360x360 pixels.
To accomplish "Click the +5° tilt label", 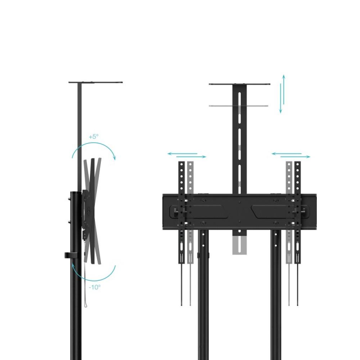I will pos(94,137).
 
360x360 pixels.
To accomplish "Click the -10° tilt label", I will pos(95,287).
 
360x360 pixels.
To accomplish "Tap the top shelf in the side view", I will pos(95,82).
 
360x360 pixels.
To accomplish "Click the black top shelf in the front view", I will pos(239,84).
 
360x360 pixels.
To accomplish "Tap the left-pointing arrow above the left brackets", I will pos(182,154).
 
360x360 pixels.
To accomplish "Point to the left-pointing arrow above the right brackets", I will pos(286,154).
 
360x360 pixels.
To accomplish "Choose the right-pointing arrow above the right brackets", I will pos(296,157).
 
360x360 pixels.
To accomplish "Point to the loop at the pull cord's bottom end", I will pos(86,305).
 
